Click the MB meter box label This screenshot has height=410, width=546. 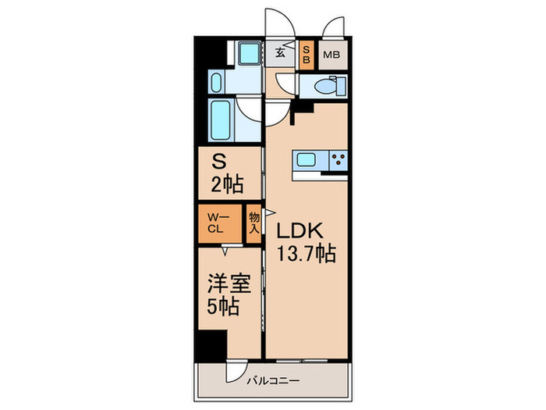pos(331,55)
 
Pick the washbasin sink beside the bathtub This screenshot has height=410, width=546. pos(218,81)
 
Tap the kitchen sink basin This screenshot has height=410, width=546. pos(306,161)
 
